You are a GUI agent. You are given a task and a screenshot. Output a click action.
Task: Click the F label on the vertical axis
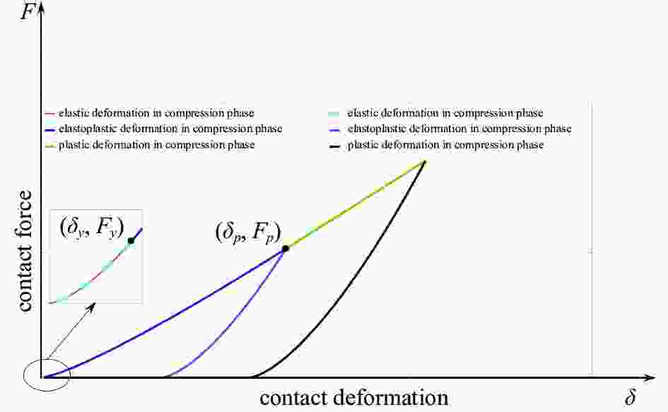[27, 11]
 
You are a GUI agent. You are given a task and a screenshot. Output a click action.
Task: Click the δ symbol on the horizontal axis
[631, 397]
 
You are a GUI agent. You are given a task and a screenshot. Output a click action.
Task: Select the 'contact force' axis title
[25, 251]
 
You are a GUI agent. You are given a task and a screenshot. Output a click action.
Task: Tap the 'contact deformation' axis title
[353, 398]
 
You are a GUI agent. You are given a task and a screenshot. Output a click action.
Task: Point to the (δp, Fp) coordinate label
[248, 233]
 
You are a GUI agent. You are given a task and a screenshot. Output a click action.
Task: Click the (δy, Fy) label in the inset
[92, 227]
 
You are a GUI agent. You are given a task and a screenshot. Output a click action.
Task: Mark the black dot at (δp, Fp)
[286, 248]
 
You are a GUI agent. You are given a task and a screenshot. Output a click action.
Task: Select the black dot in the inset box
[131, 241]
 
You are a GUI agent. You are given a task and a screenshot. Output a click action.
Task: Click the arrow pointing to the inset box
[71, 330]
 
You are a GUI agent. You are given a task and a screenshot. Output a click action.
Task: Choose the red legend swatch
[50, 114]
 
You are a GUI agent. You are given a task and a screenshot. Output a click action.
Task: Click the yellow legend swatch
[50, 146]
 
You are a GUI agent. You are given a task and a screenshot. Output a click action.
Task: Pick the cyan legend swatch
[334, 114]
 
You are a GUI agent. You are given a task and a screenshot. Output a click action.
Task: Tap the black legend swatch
[335, 146]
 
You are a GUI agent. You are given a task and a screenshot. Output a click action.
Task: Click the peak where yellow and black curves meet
[425, 160]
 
